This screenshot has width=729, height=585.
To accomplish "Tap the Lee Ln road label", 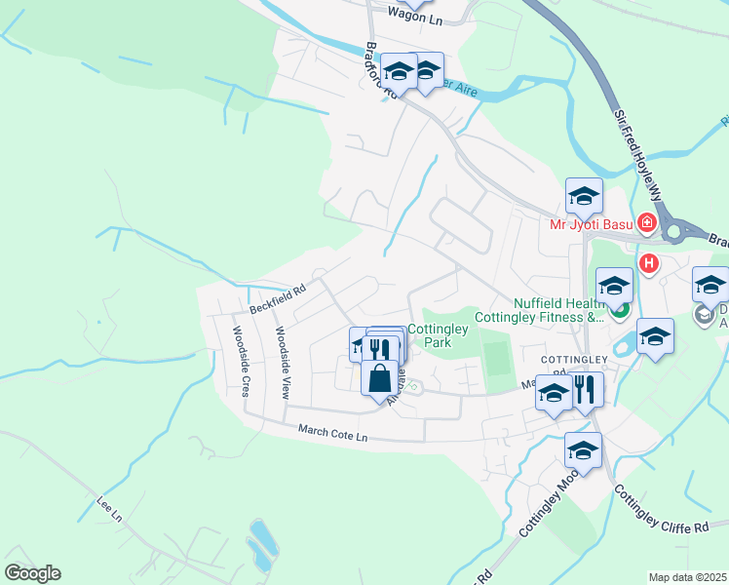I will click(x=109, y=508).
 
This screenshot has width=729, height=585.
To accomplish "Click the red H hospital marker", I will click(x=648, y=263).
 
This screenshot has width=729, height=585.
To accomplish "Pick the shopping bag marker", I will click(x=379, y=376).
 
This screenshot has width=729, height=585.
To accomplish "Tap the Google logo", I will click(x=32, y=573).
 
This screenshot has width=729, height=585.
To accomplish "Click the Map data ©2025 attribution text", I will click(x=686, y=577).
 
